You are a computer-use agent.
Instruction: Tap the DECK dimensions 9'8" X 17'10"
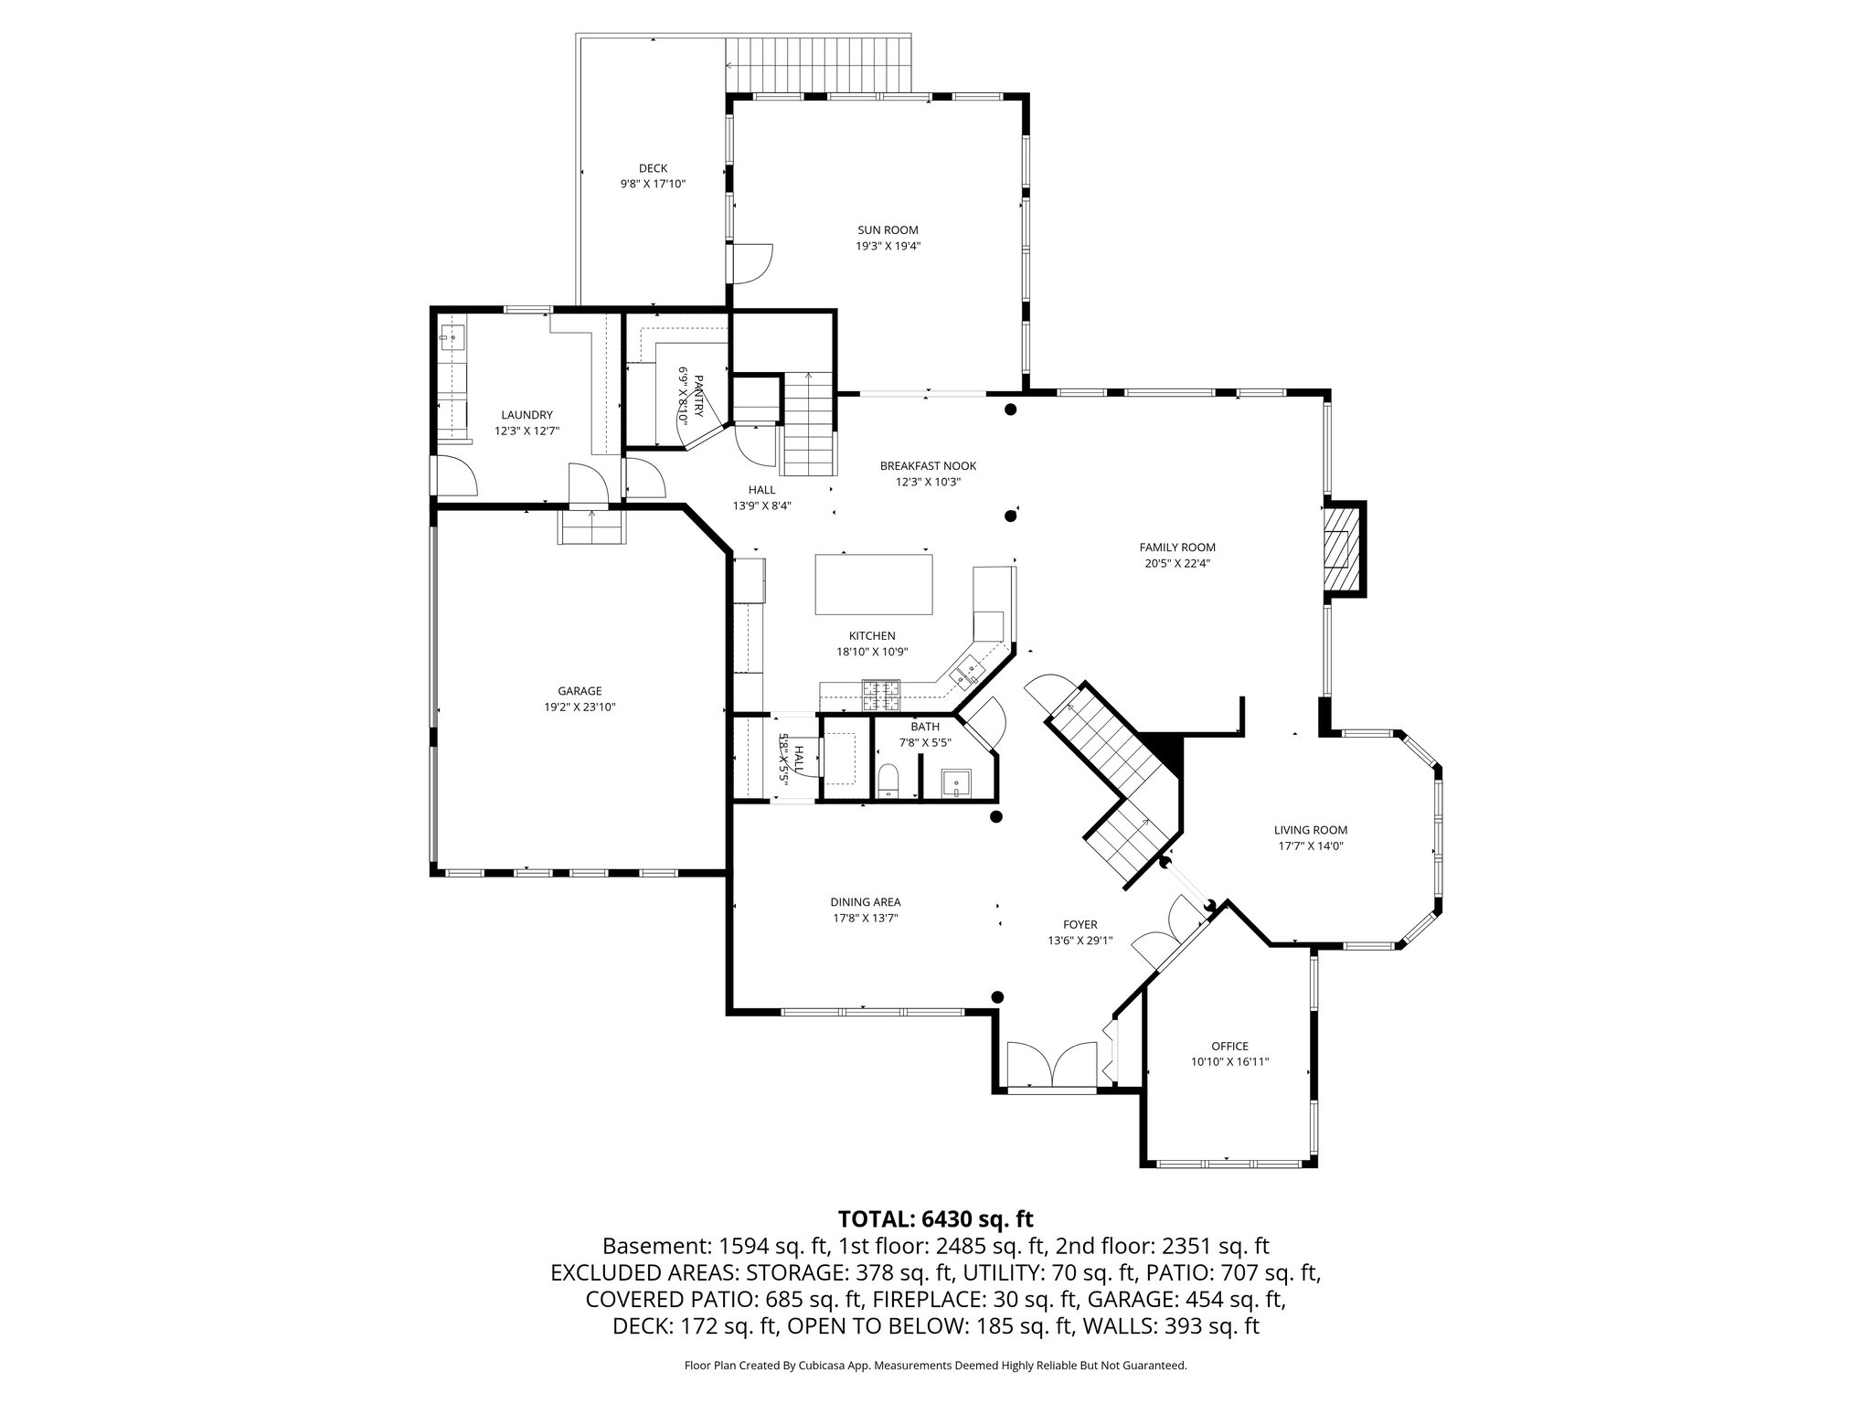click(653, 184)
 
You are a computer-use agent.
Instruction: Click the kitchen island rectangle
click(874, 585)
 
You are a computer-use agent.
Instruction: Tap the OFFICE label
click(1229, 1046)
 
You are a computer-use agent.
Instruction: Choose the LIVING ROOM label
click(1311, 830)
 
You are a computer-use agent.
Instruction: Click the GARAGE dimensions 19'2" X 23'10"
click(580, 707)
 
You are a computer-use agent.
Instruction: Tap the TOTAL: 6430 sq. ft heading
click(935, 1218)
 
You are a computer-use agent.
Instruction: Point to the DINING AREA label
click(865, 902)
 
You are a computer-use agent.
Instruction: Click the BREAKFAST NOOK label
click(928, 466)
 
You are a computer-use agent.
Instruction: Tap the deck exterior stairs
click(819, 65)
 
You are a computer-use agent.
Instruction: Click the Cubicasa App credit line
click(935, 1366)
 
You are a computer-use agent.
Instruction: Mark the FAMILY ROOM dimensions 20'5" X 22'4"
click(1177, 563)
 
